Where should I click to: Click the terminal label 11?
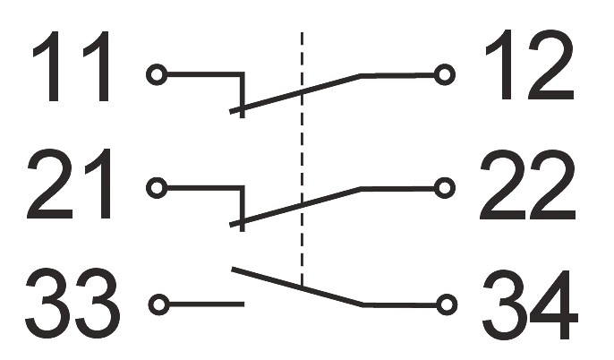[x=72, y=66]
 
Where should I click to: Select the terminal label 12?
[x=530, y=65]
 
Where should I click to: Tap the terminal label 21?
[x=70, y=184]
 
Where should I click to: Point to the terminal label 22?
[x=528, y=184]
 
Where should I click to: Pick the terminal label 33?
[x=72, y=302]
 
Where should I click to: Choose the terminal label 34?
[x=531, y=304]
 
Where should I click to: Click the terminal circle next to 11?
[x=157, y=74]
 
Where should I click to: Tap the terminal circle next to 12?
[x=445, y=74]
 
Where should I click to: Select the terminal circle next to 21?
[x=157, y=188]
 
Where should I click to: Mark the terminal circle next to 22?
[x=445, y=188]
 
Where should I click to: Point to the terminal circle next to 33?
[x=159, y=304]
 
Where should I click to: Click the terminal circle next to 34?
[x=447, y=304]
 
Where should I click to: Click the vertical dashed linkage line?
[x=302, y=159]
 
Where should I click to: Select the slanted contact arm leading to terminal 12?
[x=294, y=93]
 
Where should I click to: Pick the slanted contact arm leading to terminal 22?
[x=294, y=207]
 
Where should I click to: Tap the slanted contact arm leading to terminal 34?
[x=297, y=287]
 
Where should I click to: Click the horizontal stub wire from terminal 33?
[x=207, y=304]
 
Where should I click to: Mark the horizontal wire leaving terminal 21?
[x=205, y=188]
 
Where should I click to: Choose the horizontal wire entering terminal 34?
[x=399, y=304]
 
